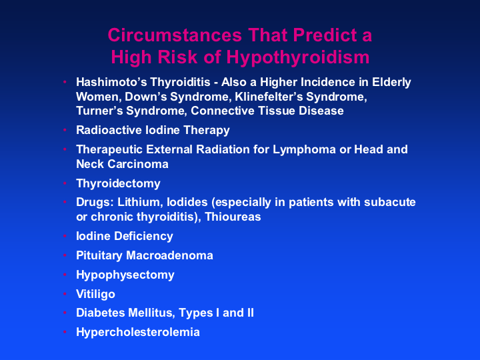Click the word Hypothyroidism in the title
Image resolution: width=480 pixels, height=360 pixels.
(x=298, y=57)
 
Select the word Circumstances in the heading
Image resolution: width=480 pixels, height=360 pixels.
(x=175, y=35)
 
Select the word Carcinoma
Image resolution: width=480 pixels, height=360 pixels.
(x=138, y=164)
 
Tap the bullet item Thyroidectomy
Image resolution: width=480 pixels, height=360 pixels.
(x=118, y=184)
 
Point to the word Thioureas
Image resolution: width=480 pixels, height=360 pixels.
(x=233, y=217)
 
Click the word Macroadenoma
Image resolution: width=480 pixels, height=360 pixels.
(x=169, y=255)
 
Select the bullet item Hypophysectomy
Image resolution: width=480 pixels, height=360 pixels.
(x=125, y=275)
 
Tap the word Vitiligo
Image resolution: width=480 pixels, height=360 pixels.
(x=95, y=294)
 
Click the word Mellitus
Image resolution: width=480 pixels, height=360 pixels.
(x=151, y=313)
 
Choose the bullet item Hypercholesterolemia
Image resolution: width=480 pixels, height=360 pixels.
(x=138, y=332)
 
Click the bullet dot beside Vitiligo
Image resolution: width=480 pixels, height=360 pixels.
(x=65, y=294)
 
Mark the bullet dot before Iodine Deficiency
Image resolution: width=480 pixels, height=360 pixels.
(x=65, y=236)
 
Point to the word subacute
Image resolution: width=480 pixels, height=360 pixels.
(x=390, y=203)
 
